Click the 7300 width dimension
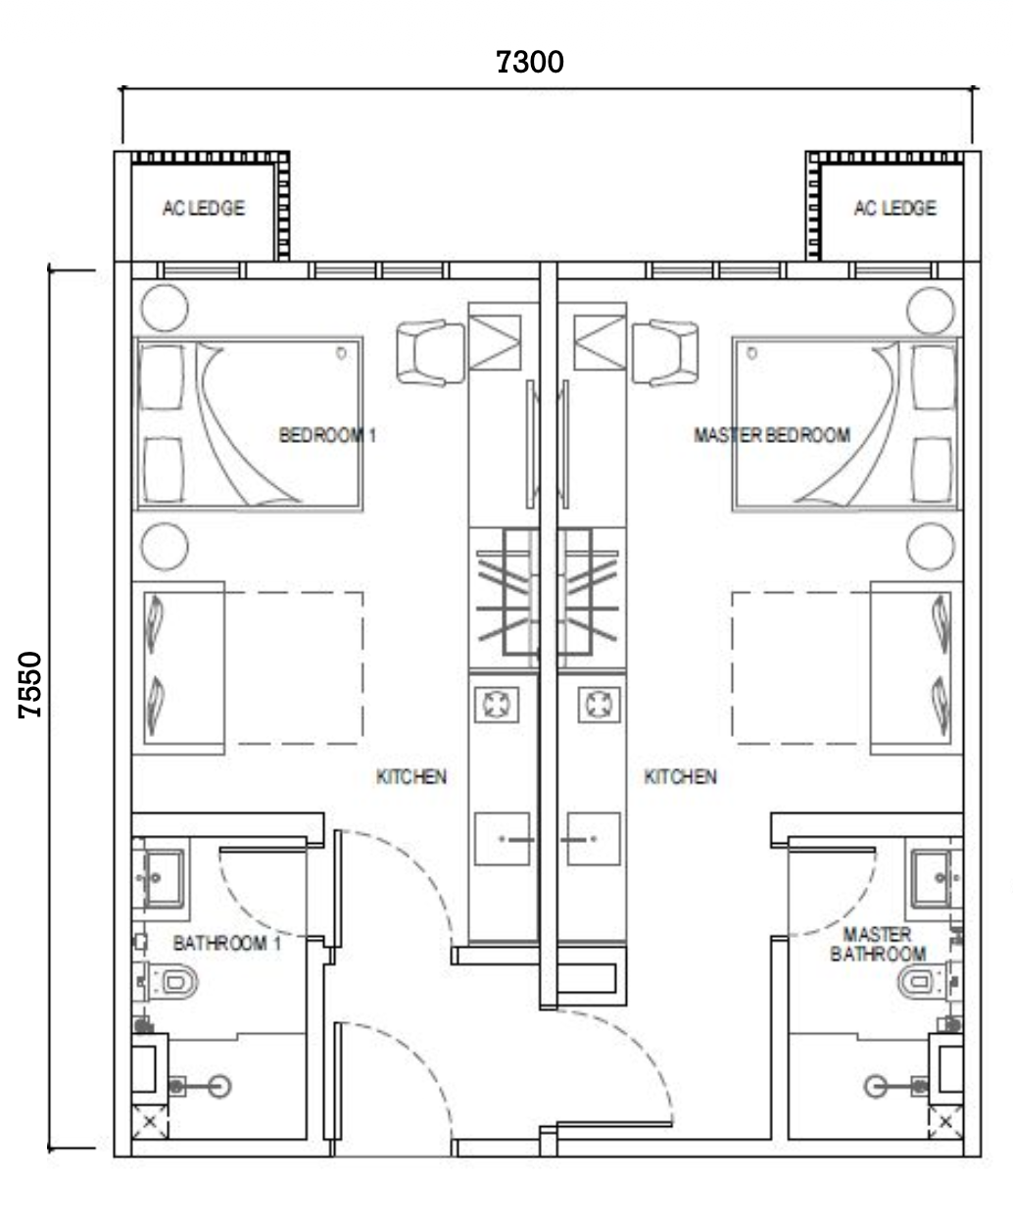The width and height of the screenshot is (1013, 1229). point(530,62)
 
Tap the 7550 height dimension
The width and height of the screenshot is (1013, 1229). point(30,684)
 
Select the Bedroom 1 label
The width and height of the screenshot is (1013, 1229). point(327,435)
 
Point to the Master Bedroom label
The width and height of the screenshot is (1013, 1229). point(772,435)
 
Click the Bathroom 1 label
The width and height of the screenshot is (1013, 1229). point(227,944)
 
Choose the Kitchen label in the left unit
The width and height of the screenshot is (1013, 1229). point(411,777)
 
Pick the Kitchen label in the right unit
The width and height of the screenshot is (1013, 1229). point(680,777)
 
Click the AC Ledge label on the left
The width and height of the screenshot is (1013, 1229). point(204,208)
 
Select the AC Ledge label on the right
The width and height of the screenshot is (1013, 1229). point(894,208)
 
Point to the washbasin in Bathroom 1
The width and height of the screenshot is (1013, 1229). point(159,879)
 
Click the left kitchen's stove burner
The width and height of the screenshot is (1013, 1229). point(497,704)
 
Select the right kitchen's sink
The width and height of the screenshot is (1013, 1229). point(594,839)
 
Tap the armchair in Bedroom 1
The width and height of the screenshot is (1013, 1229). point(430,353)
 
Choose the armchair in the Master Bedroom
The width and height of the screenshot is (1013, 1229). point(665,353)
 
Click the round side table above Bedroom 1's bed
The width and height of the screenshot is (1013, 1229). point(165,308)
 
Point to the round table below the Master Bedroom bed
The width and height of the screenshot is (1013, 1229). point(931,546)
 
